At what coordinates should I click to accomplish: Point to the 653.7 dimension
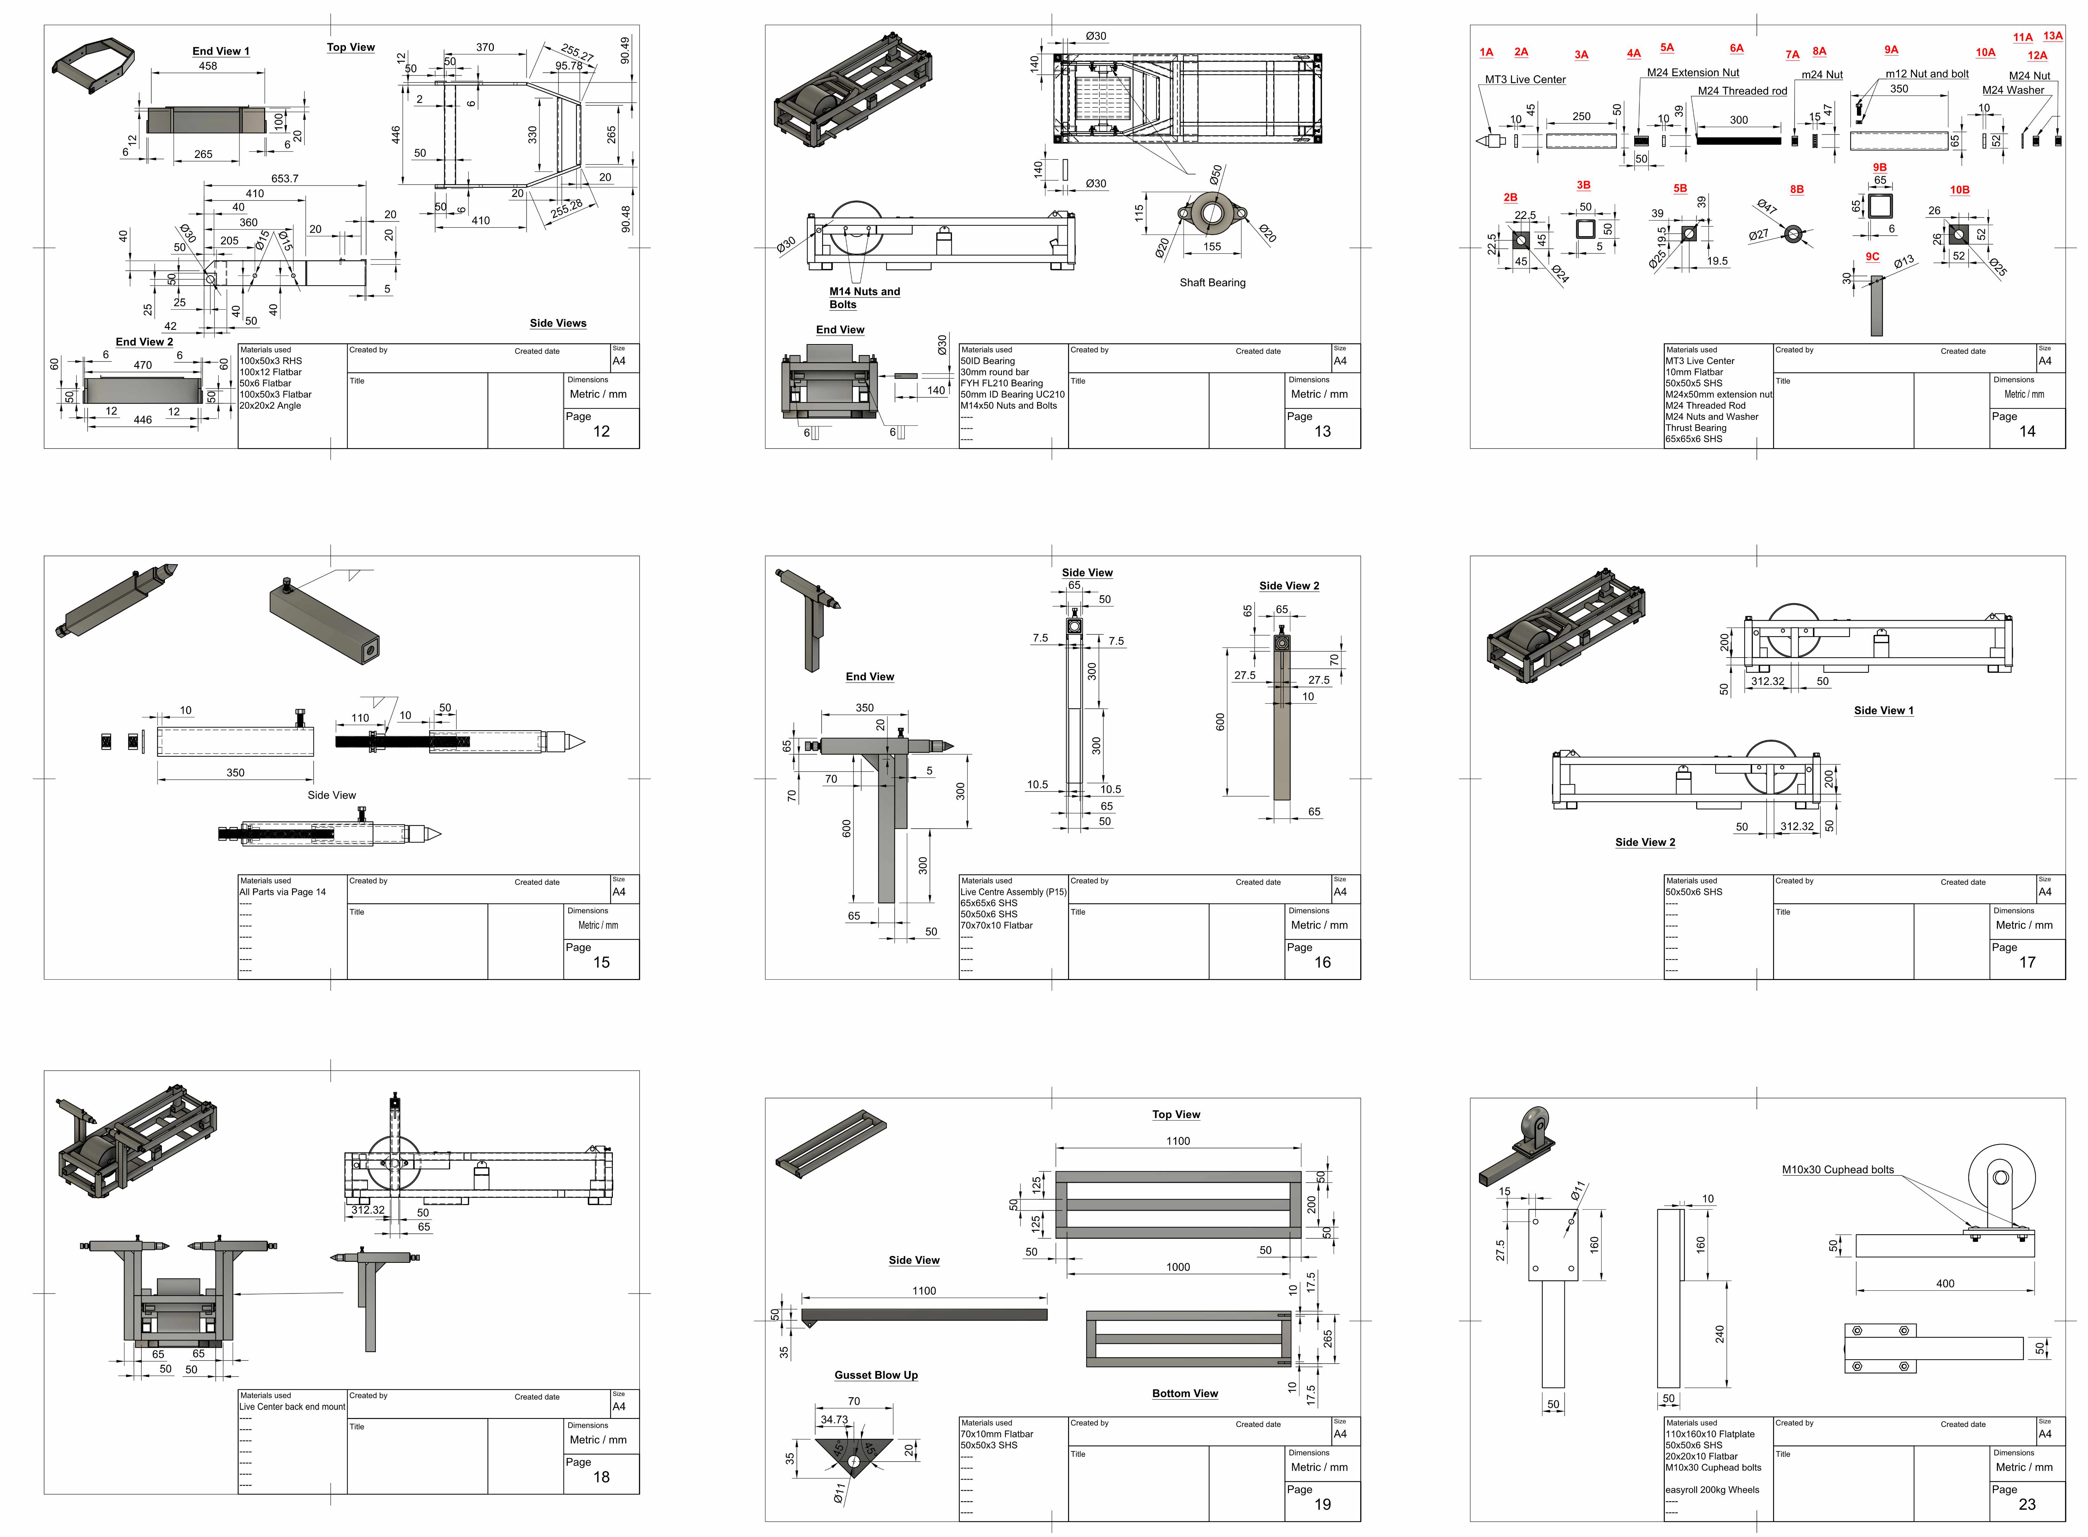point(285,178)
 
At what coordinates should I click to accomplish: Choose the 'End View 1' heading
point(221,51)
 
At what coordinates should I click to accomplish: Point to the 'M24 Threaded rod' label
point(1742,91)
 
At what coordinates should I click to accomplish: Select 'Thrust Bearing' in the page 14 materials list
point(1695,428)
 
